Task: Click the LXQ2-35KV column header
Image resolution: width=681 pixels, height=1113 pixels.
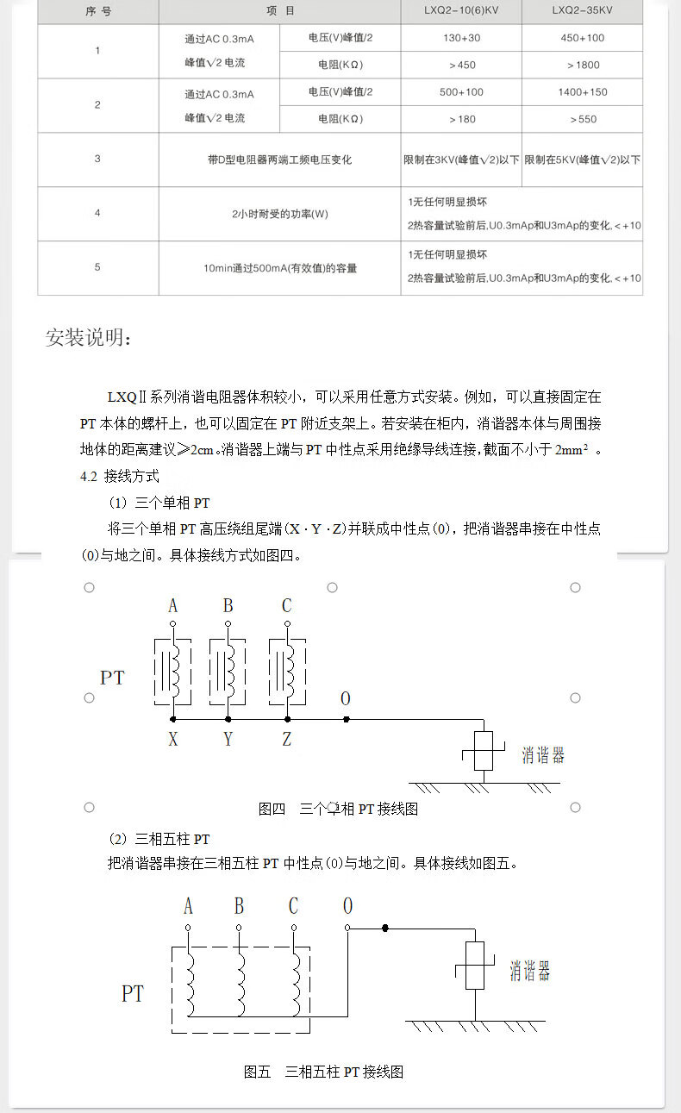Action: click(583, 11)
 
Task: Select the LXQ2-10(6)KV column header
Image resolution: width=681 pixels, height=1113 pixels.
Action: click(462, 11)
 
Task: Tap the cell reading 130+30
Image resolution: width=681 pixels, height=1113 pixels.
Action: click(462, 38)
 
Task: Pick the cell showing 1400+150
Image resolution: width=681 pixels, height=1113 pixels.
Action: click(583, 92)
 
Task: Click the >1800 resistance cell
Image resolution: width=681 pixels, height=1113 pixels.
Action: click(583, 65)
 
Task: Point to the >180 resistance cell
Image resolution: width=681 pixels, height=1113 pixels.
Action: click(462, 119)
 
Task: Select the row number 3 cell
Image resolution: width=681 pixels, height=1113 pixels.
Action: click(97, 159)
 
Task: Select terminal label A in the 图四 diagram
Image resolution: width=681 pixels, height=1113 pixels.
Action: click(173, 606)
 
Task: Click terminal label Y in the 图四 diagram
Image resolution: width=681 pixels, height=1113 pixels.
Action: click(228, 739)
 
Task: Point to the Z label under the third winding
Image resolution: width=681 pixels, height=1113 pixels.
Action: click(286, 739)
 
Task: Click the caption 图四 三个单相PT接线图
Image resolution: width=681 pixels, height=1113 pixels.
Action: click(338, 809)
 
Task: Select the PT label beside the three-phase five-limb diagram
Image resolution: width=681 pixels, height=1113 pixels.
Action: click(132, 994)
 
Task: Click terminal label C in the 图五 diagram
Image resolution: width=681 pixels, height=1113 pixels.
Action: click(293, 906)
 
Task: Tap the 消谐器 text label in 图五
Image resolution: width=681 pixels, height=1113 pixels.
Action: click(530, 972)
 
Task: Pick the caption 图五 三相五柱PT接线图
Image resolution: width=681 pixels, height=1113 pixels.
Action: click(323, 1072)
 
